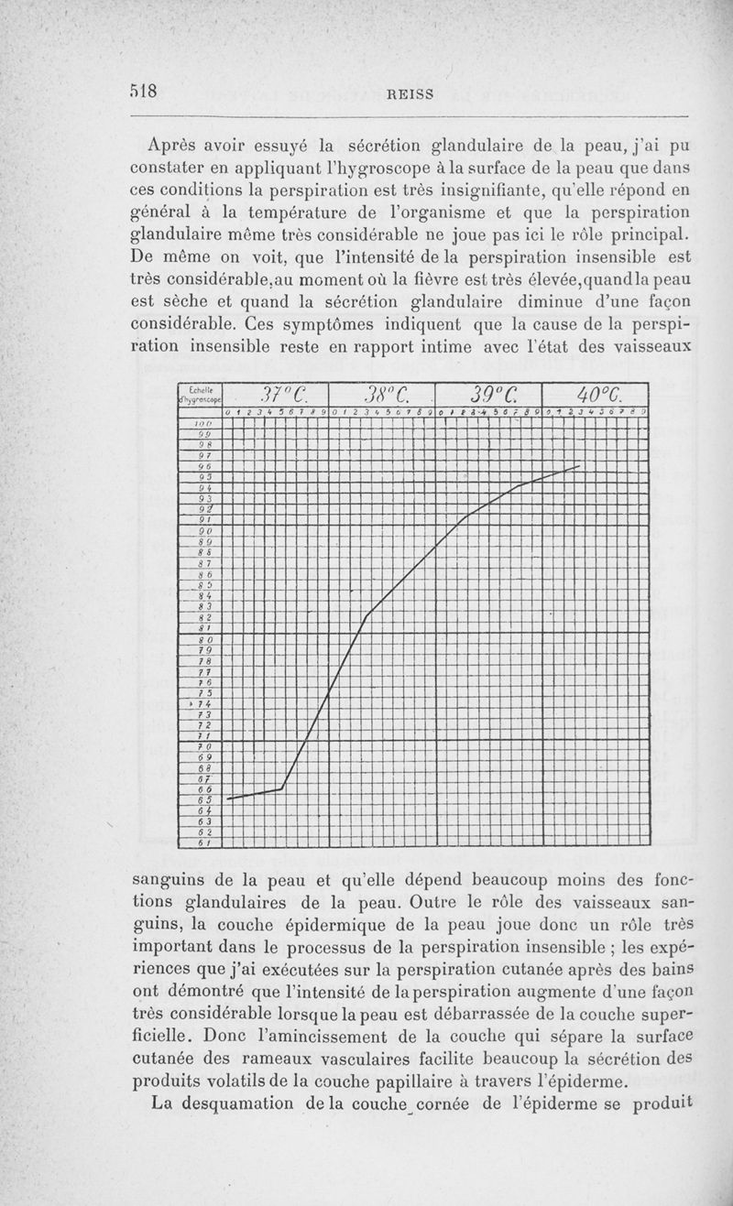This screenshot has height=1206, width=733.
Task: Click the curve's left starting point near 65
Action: click(x=227, y=799)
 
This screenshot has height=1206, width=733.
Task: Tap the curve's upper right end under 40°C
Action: click(x=580, y=466)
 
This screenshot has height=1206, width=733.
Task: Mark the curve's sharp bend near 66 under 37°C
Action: click(x=281, y=788)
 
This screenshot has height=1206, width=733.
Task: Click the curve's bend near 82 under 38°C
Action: click(x=366, y=616)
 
